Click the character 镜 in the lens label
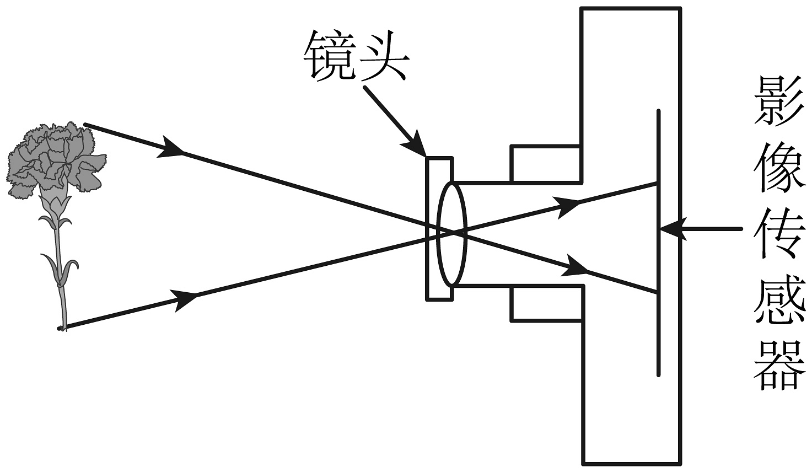tap(329, 54)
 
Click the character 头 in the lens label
tap(383, 54)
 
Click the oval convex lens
tap(451, 234)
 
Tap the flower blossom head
tap(55, 157)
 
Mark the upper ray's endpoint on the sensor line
tap(658, 183)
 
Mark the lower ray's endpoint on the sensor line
tap(658, 292)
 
